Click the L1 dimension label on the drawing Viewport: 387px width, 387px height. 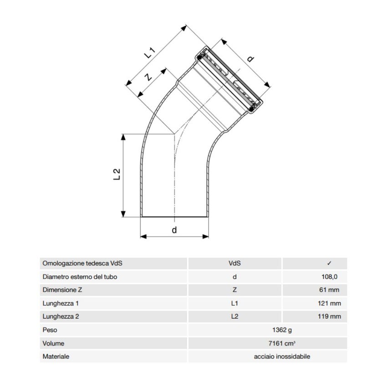coord(150,53)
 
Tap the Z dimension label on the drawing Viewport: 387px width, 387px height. coord(148,77)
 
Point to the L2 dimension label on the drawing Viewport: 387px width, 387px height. coord(117,174)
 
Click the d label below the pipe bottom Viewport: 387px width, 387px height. coord(174,230)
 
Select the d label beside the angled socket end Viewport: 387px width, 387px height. coord(250,59)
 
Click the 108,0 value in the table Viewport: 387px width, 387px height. coord(329,277)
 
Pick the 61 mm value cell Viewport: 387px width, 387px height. coord(329,290)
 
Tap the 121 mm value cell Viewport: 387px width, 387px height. coord(329,303)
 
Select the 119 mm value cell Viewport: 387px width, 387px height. coord(329,316)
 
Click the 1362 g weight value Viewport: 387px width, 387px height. coord(282,330)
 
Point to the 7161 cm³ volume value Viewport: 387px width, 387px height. coord(282,343)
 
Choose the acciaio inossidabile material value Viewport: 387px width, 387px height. coord(282,356)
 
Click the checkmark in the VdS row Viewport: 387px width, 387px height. coord(329,263)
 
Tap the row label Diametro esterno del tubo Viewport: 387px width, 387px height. coord(80,277)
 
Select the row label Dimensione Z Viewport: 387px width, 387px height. coord(62,290)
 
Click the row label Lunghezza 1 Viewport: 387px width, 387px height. coord(61,303)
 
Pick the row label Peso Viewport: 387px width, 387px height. coord(50,330)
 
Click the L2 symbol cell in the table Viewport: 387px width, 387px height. coord(234,316)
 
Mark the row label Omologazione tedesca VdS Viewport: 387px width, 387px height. coord(82,263)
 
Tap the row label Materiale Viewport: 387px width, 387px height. coord(56,356)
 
